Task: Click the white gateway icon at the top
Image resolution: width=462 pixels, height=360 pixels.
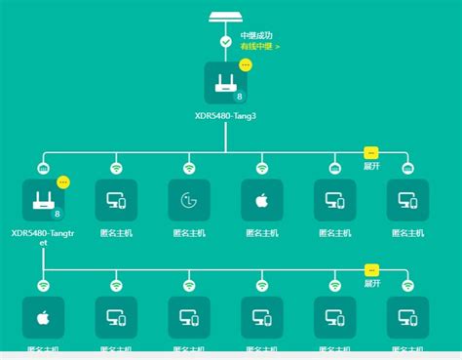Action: (226, 17)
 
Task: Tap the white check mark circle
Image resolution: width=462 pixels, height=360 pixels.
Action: (226, 42)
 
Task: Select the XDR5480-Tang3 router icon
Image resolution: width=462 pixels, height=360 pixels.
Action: (225, 83)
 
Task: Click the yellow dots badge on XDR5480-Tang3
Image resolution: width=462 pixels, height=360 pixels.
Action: (246, 64)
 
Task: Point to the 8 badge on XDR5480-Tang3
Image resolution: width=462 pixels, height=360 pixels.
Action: (240, 98)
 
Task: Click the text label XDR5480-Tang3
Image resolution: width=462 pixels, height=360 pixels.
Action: (225, 115)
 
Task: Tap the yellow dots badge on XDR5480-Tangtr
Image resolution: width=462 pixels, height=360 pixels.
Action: (63, 181)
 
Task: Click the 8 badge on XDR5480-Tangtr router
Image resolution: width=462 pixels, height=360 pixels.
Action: (58, 214)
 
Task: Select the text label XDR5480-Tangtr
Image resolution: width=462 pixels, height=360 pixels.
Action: (43, 233)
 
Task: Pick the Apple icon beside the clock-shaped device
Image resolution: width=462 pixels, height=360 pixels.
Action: (261, 200)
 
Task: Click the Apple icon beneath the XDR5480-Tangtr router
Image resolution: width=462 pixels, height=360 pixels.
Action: (43, 317)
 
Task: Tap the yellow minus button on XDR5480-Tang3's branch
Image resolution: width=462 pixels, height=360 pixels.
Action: (370, 152)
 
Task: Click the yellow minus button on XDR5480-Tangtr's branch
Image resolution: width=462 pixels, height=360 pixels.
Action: (370, 269)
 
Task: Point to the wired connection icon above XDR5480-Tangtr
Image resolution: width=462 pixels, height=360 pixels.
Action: (43, 168)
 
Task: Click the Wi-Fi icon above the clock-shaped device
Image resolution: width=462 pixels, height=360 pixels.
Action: (189, 168)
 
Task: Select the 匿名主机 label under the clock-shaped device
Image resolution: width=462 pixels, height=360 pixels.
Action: (189, 233)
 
